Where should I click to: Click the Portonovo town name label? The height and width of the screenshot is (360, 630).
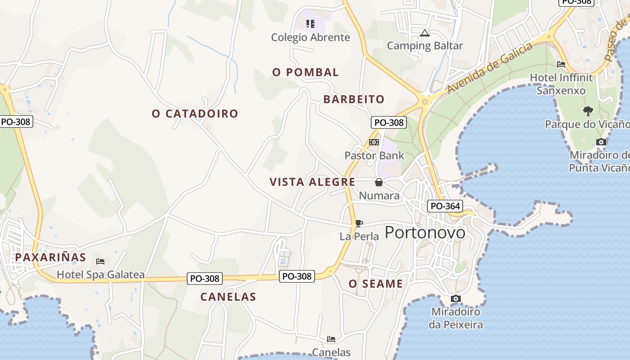(x=425, y=232)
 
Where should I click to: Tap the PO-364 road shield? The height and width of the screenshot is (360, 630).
(x=445, y=206)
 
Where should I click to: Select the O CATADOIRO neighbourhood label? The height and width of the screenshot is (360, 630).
(x=195, y=113)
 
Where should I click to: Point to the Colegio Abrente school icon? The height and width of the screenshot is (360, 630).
(x=310, y=23)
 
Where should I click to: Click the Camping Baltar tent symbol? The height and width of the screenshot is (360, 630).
(x=424, y=33)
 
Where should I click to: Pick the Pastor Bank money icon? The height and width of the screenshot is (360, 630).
(x=374, y=142)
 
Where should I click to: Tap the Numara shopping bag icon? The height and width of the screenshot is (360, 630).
(x=379, y=182)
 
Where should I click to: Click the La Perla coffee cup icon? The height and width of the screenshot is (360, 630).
(x=359, y=223)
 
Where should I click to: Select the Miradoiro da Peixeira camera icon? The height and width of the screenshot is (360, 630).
(x=455, y=298)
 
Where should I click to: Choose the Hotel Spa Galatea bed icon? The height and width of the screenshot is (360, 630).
(x=100, y=261)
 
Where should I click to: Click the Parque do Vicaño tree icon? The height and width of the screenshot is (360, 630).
(x=588, y=111)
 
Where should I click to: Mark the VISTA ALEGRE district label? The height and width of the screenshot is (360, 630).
(x=312, y=182)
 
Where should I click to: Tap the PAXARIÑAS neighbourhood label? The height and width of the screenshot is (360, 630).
(x=50, y=257)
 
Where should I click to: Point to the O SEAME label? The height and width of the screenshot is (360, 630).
(x=376, y=284)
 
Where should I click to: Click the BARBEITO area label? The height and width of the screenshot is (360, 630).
(x=354, y=99)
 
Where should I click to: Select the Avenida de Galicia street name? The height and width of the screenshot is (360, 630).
(x=489, y=68)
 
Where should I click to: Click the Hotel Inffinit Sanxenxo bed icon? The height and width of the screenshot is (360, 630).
(x=561, y=64)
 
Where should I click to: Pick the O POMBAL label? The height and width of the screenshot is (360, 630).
(x=306, y=72)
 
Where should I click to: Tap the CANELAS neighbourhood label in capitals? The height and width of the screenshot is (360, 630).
(x=228, y=297)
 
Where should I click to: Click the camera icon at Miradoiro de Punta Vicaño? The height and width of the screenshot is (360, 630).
(x=601, y=142)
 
